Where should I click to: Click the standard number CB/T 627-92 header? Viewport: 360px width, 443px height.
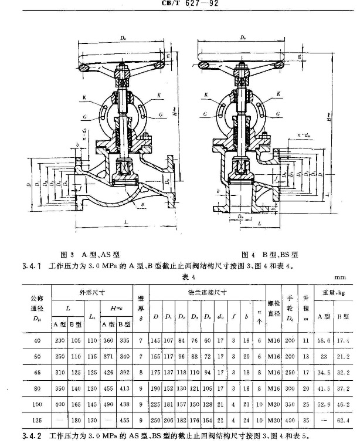tap(182, 3)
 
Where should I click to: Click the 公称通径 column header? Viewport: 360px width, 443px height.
tap(36, 306)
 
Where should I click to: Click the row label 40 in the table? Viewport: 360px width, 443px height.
tap(36, 340)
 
